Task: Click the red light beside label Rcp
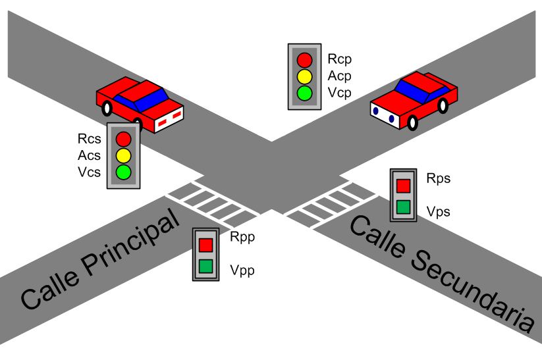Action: click(x=304, y=59)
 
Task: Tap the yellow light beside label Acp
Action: click(x=304, y=76)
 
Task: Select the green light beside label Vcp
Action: click(x=304, y=93)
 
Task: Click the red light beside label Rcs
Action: click(x=124, y=139)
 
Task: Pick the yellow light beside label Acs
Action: click(x=124, y=156)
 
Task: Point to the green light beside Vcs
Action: click(x=124, y=173)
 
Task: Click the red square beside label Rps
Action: click(x=403, y=185)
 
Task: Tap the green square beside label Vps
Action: click(x=403, y=209)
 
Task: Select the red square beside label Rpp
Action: click(x=205, y=244)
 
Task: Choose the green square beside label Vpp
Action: click(x=205, y=267)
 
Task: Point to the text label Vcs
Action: click(x=90, y=172)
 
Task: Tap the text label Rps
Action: click(x=439, y=178)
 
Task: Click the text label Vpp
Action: click(x=242, y=270)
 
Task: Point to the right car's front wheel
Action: click(x=413, y=122)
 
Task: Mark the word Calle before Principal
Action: click(x=50, y=287)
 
